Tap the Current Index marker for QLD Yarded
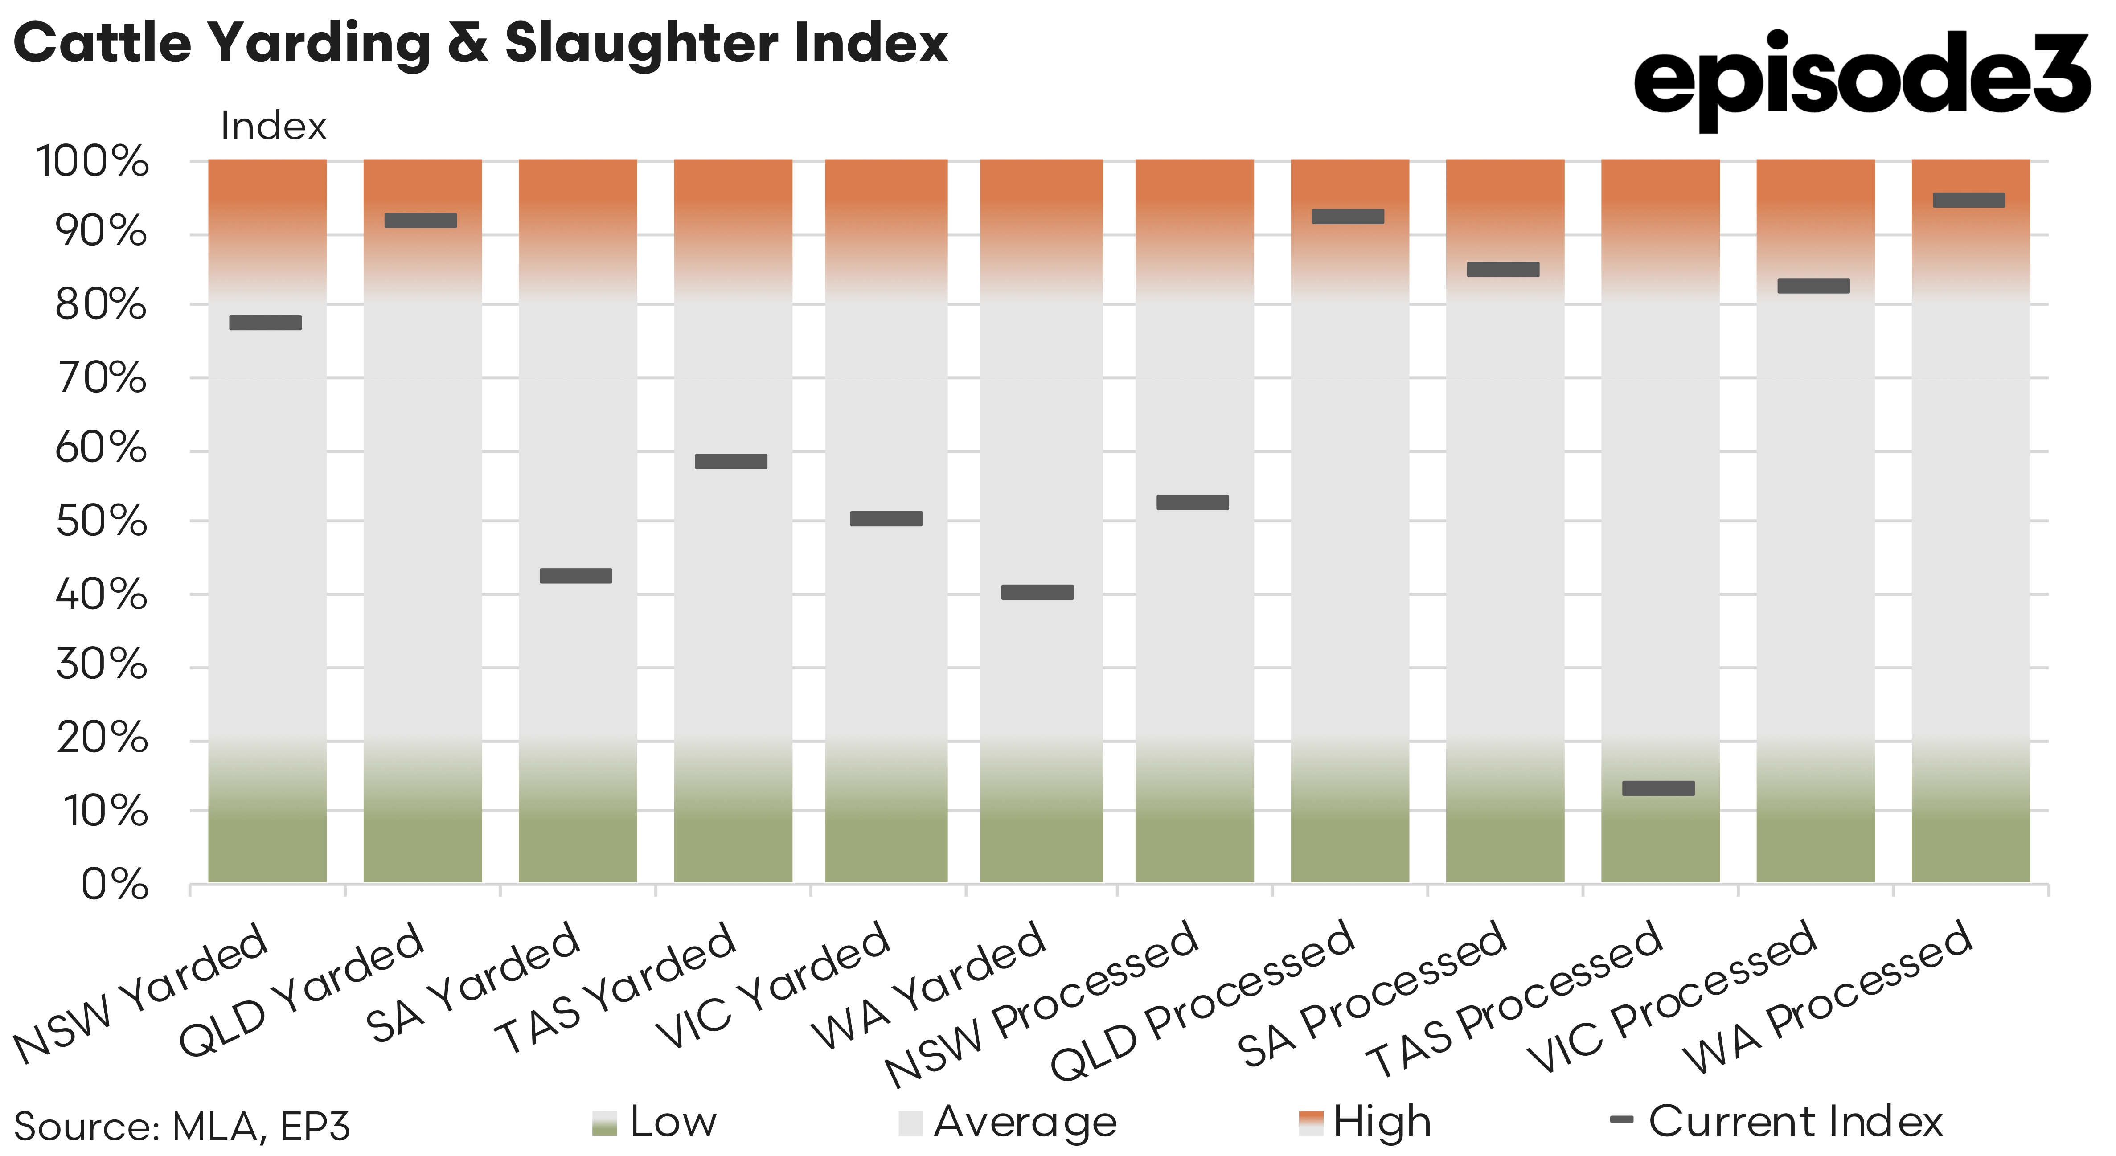click(x=421, y=220)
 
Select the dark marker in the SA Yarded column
click(x=576, y=576)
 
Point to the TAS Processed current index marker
click(x=1658, y=788)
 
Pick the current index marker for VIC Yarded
click(x=886, y=518)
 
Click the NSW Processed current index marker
click(x=1193, y=502)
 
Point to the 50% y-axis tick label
click(x=101, y=521)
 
